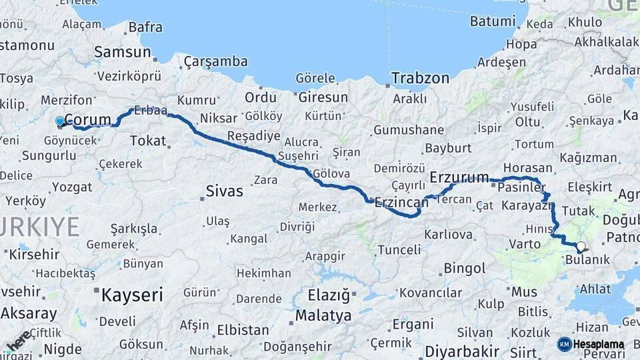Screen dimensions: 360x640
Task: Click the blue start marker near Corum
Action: point(60,121)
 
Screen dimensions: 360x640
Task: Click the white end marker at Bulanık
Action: point(581,247)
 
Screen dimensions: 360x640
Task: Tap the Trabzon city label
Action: point(420,78)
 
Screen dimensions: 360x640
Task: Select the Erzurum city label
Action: point(459,177)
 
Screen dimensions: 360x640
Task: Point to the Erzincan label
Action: point(401,201)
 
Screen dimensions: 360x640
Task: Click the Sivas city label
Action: point(224,192)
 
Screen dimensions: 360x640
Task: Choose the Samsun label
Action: point(123,52)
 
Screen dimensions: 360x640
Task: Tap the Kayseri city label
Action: point(132,295)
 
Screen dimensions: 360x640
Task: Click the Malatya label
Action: point(323,315)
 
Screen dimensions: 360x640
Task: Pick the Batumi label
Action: point(493,21)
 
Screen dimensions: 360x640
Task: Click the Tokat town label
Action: point(147,140)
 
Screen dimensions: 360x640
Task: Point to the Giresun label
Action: point(323,97)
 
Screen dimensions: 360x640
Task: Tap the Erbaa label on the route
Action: point(150,111)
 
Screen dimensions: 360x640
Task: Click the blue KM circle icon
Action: point(564,344)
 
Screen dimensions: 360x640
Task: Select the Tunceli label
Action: point(399,250)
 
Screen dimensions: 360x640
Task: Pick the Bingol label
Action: point(464,269)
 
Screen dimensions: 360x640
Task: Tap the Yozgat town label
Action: point(72,187)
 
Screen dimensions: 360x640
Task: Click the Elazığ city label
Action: point(329,294)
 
